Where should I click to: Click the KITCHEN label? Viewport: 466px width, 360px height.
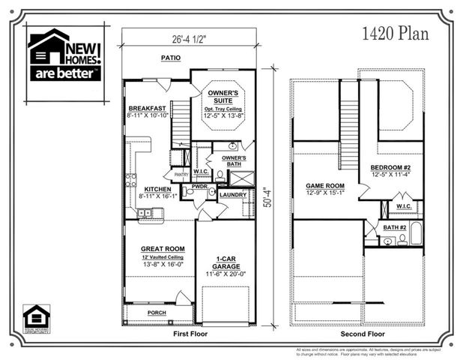[158, 188]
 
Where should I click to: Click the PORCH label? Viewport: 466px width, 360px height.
[157, 313]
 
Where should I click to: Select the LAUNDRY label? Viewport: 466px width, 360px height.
[233, 195]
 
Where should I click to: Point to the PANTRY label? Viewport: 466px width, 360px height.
[181, 175]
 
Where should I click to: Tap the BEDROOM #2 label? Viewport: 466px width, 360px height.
[393, 167]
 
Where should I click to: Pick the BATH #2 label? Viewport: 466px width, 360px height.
[394, 226]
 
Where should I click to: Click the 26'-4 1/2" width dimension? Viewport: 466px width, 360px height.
[188, 39]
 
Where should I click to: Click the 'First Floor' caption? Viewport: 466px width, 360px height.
[190, 333]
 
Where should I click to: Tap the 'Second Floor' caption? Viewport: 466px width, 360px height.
[362, 333]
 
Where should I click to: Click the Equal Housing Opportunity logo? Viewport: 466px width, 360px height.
[35, 318]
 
